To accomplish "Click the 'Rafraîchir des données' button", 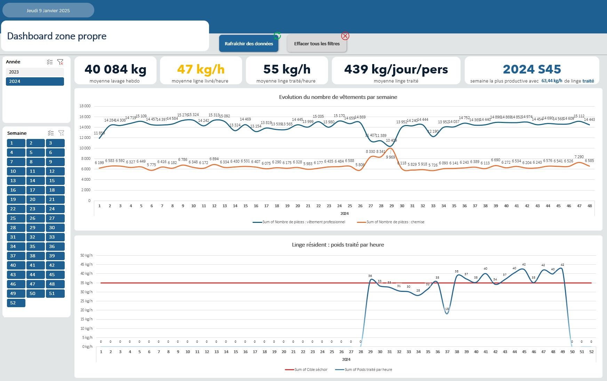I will point(249,44).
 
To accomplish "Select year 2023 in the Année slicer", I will point(35,72).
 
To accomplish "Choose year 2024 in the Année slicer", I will point(35,81).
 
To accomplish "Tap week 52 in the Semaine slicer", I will point(16,303).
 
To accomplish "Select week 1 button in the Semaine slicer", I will point(16,143).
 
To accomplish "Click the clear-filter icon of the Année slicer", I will point(60,62).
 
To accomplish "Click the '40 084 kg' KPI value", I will point(115,69).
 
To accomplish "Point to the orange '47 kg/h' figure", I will point(201,69).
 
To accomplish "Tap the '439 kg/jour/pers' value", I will point(396,69).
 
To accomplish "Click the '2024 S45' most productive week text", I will point(532,69).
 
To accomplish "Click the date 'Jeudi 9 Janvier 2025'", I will point(48,10).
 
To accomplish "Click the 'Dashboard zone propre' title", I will point(57,36).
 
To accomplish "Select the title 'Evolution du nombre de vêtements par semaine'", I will point(338,97).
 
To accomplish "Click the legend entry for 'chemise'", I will point(395,222).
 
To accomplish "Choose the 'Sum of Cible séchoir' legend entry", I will point(311,370).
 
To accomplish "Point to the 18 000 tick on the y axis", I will point(85,106).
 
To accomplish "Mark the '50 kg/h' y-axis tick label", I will point(86,255).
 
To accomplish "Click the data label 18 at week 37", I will point(447,309).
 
